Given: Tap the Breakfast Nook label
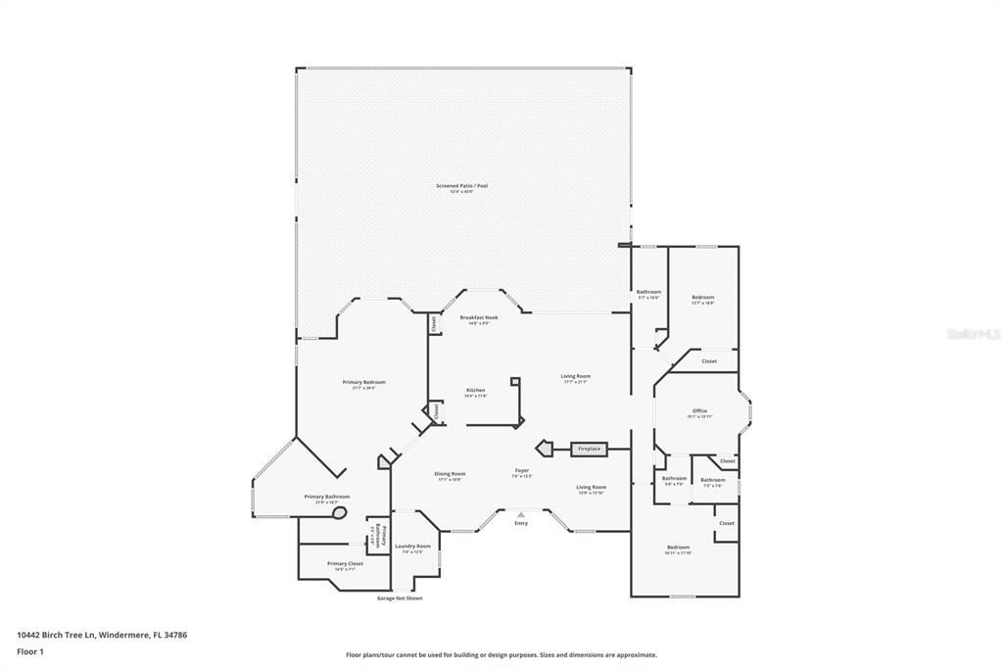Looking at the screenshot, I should (x=479, y=318).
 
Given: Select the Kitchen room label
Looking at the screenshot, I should (x=475, y=391).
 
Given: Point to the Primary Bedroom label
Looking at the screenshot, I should (x=363, y=383).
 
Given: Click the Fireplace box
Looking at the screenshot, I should (x=589, y=449).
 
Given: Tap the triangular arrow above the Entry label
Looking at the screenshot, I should (x=521, y=513).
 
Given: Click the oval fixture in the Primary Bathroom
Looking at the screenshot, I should (x=340, y=512).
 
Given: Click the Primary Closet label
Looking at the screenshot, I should (x=345, y=565).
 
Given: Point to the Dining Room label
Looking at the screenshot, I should (x=451, y=475).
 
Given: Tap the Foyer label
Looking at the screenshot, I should (x=522, y=472).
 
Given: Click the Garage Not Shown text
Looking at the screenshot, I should (x=400, y=597).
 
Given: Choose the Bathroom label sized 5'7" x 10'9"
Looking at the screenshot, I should (x=648, y=293).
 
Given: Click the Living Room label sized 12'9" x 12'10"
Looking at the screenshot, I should (x=591, y=488).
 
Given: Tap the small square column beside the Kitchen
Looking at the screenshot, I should (x=514, y=381).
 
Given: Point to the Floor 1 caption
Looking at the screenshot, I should (x=30, y=650).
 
